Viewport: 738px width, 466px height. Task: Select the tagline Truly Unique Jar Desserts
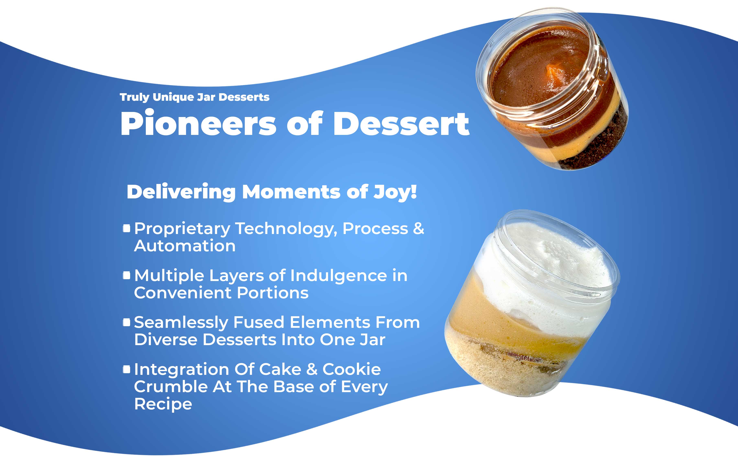[194, 97]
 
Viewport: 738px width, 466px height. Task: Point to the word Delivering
[181, 192]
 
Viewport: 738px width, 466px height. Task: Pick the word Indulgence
[339, 275]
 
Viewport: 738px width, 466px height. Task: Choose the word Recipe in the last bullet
[163, 404]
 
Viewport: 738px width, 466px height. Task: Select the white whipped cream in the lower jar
[549, 269]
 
